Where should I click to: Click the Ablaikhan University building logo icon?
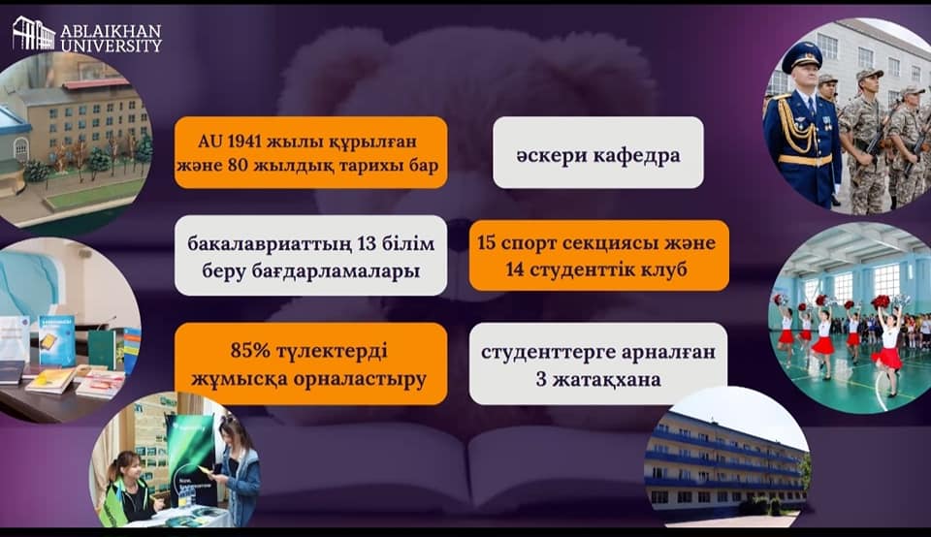(34, 34)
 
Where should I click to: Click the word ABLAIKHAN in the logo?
(111, 31)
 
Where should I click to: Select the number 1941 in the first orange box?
(244, 142)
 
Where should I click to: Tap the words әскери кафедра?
(598, 155)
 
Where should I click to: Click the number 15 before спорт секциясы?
(487, 242)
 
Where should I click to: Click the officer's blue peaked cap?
(802, 56)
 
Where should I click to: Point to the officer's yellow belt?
(805, 160)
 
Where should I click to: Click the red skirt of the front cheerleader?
(887, 358)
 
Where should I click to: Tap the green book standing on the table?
(102, 350)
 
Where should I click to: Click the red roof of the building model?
(96, 83)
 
